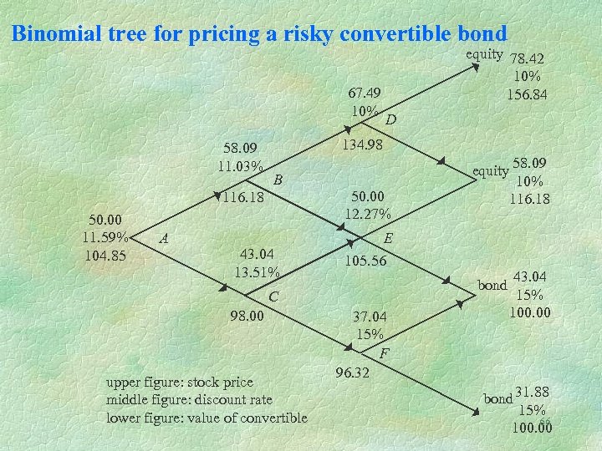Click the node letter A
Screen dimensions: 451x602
(x=165, y=238)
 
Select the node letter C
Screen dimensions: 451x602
(x=273, y=296)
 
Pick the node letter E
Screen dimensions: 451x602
(x=388, y=238)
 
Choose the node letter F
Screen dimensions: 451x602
(x=384, y=353)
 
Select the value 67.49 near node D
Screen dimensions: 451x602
(x=365, y=93)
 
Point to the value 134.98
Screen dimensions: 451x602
(x=362, y=145)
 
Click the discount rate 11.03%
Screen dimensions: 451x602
(x=240, y=165)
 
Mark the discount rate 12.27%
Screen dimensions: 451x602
(x=368, y=213)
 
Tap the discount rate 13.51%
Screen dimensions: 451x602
(x=258, y=271)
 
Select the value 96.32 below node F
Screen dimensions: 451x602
(x=352, y=372)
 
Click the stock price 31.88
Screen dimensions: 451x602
(x=533, y=393)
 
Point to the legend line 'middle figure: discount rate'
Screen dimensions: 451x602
(x=189, y=400)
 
